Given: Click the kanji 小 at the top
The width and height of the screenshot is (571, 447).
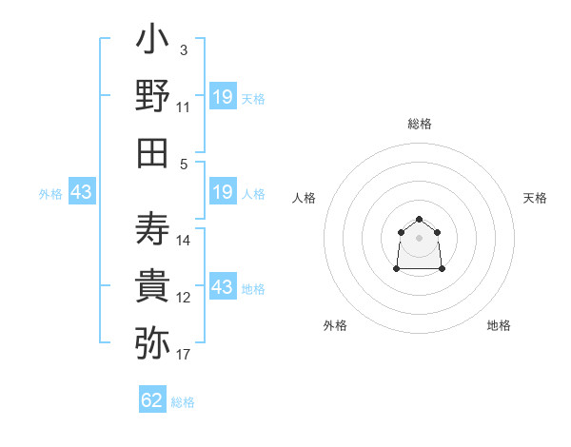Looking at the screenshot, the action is (x=152, y=38).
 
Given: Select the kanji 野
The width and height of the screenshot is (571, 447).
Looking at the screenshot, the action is (x=152, y=95).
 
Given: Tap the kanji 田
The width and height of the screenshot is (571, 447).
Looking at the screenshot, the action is (x=152, y=153).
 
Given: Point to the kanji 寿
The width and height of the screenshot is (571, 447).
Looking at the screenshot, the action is (x=152, y=228).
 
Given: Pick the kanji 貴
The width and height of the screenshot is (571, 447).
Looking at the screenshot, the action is (x=152, y=285).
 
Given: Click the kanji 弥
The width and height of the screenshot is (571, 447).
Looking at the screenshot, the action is (x=152, y=342).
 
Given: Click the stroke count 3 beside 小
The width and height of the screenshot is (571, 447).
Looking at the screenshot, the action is (x=184, y=50).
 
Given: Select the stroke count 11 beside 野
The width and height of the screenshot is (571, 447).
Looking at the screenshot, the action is (x=183, y=107).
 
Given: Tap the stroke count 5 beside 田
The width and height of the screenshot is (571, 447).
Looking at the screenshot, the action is (x=184, y=165).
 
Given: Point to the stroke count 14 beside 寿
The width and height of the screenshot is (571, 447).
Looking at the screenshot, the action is (x=183, y=241).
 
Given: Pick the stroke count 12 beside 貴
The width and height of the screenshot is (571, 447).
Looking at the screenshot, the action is (x=183, y=298).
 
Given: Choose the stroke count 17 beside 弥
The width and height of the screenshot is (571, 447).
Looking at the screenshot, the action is (x=183, y=355).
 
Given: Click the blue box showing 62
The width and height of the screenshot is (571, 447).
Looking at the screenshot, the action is (x=152, y=398).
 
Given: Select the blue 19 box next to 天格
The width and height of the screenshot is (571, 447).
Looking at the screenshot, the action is (x=224, y=96).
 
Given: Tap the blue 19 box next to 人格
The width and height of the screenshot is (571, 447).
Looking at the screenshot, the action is (x=224, y=191).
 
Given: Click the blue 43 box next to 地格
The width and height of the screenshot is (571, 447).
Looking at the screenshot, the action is (x=224, y=285).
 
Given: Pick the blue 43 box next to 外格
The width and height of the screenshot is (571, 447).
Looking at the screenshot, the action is (x=82, y=191).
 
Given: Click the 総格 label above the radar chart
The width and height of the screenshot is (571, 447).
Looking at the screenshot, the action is (x=420, y=124).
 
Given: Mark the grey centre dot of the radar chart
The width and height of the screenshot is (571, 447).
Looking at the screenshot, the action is (x=419, y=238).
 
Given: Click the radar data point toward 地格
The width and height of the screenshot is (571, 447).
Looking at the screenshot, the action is (x=442, y=268).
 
